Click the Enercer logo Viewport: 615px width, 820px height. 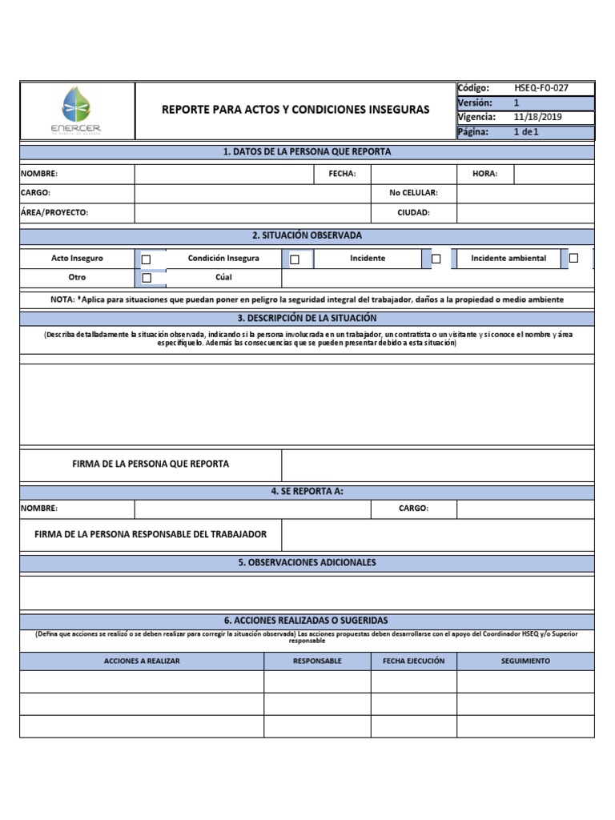point(77,111)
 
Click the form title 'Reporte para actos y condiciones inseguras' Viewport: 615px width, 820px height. point(295,109)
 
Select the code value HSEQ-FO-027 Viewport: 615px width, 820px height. point(541,88)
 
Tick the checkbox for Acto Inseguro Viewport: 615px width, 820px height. point(146,259)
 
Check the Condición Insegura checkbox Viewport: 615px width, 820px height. point(294,259)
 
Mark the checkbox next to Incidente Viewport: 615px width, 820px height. point(436,259)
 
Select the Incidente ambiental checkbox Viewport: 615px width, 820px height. point(573,258)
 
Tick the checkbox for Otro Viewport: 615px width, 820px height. point(146,278)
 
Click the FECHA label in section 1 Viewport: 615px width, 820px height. point(342,174)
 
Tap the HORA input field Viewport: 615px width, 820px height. point(553,174)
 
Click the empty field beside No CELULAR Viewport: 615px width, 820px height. point(525,193)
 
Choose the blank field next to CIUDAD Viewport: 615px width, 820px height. point(525,213)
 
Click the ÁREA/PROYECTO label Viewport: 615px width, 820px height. point(54,213)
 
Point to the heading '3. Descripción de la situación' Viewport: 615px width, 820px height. point(307,318)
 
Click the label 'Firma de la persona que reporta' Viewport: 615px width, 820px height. point(151,464)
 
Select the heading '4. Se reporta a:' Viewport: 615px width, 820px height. point(307,491)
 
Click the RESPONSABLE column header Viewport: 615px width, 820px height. point(317,661)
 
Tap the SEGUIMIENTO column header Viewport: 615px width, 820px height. point(525,661)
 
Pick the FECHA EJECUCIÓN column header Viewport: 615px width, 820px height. point(414,661)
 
